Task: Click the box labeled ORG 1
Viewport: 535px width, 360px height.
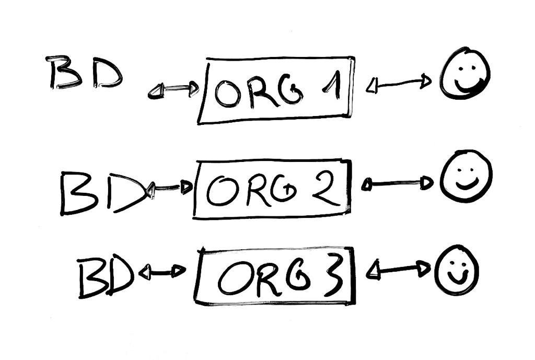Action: click(x=276, y=90)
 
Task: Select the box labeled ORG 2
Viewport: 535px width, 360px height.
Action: click(x=272, y=189)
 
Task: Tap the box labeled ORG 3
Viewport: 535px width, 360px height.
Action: click(x=275, y=276)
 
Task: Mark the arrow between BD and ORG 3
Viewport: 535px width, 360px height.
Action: click(x=162, y=272)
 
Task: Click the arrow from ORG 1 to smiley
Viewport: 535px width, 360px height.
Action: click(x=399, y=84)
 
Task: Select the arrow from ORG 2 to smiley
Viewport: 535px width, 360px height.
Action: click(x=398, y=183)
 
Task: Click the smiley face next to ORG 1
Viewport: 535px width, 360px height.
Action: click(x=464, y=73)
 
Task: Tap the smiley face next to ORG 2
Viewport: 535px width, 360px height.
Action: click(x=466, y=176)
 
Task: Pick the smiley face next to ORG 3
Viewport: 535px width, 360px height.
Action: click(x=457, y=270)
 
